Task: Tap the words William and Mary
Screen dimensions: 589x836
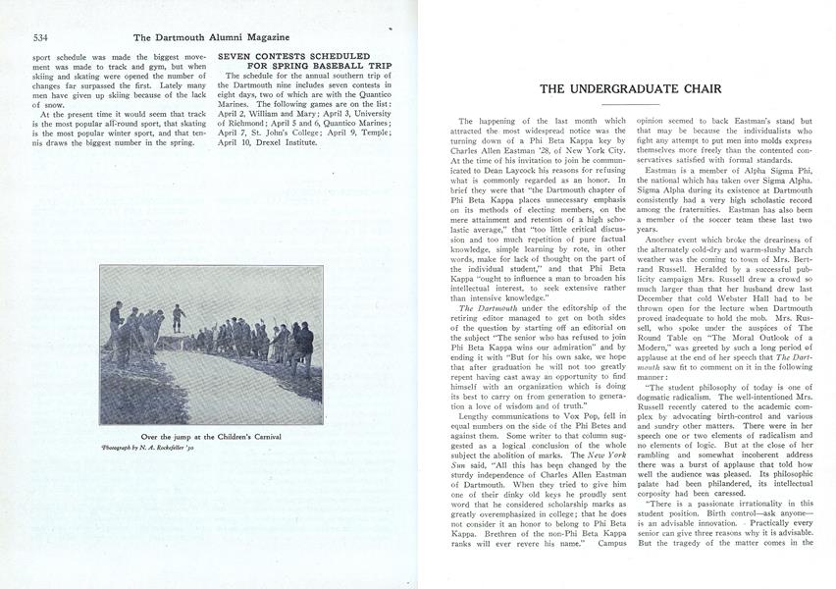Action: pos(282,98)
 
